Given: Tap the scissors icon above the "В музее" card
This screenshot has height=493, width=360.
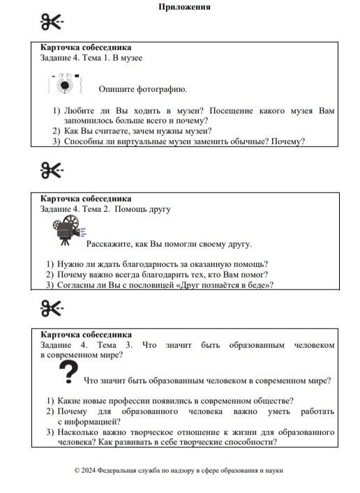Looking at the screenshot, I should (52, 22).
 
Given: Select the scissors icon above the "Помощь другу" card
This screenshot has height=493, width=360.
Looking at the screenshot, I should (52, 169).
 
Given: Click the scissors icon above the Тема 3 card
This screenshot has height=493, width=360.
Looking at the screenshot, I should (52, 307).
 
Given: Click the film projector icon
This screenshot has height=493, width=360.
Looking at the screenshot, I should (66, 230).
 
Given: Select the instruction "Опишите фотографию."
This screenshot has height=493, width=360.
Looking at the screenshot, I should (142, 90).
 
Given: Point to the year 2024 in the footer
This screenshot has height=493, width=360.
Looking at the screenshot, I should (89, 470).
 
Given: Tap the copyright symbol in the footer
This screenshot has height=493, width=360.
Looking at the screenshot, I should (77, 470).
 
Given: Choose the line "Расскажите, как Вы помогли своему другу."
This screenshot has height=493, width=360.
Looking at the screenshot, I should (168, 245).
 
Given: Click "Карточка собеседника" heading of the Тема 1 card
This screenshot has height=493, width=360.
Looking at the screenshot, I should (85, 47).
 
